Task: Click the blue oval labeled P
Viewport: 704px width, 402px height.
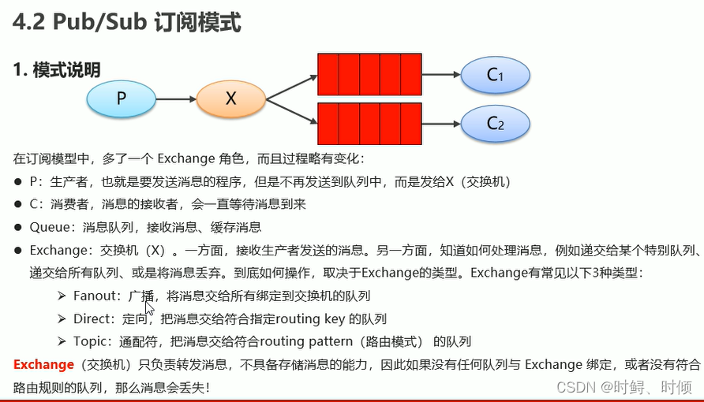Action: point(121,99)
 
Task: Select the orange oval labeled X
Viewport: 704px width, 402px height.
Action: point(230,99)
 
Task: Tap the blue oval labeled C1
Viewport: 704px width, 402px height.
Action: point(495,75)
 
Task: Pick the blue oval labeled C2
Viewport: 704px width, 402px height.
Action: point(495,123)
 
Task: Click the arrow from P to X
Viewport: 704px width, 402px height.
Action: point(174,99)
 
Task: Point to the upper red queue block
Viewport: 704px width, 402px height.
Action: point(369,74)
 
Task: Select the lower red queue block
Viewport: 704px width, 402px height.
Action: point(369,123)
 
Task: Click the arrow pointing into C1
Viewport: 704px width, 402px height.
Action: point(441,75)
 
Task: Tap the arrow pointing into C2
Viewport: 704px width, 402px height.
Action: point(441,123)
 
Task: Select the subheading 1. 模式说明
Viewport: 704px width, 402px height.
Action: point(57,70)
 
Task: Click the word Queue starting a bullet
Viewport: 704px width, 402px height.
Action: point(51,227)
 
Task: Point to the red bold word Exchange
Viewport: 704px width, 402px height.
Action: point(43,364)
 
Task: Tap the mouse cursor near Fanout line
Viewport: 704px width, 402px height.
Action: point(148,306)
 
